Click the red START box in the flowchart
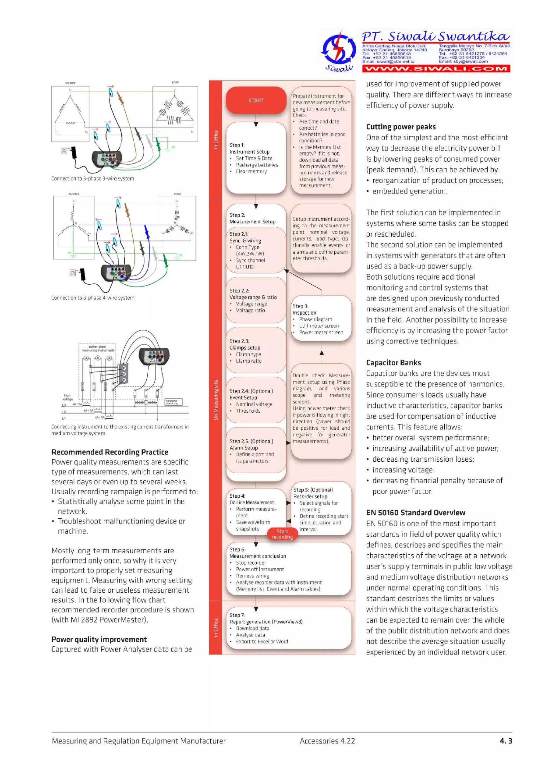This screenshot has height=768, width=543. coord(256,100)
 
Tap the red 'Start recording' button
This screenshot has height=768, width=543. coord(282,534)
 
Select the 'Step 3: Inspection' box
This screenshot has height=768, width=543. coord(321,319)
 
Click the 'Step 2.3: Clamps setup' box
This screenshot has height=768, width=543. coord(256,350)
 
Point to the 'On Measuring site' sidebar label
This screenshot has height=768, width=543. coord(216,400)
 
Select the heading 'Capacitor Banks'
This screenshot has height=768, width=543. coord(393,363)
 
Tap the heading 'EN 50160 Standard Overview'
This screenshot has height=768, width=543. coord(415,513)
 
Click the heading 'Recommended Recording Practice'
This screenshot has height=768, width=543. coord(110,452)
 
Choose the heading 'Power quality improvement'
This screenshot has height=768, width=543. coord(99,639)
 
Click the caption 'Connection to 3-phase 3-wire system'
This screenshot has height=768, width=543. coord(93,179)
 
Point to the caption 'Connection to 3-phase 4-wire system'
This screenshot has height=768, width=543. coord(93,298)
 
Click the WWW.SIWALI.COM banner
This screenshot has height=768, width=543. coord(436,69)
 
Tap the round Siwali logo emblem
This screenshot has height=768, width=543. coord(338,49)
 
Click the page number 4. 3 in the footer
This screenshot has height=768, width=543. coord(506,741)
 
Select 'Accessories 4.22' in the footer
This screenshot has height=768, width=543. coord(327,741)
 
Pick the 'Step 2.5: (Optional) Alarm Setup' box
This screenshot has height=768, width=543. coord(256,450)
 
